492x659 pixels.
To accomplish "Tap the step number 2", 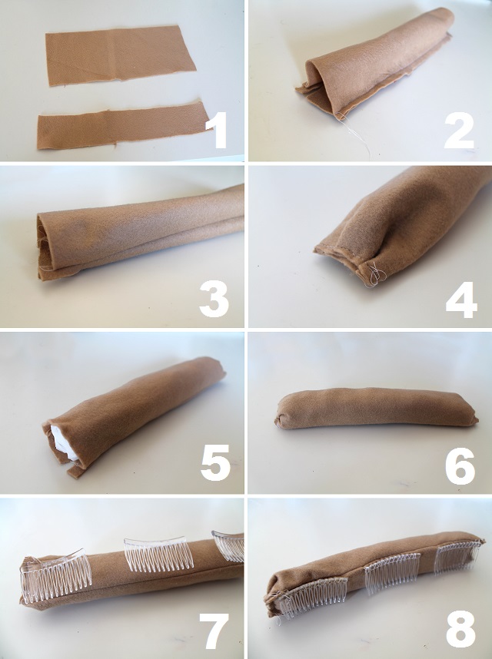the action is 459,131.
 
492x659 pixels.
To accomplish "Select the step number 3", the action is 214,299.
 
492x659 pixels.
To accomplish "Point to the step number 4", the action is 461,300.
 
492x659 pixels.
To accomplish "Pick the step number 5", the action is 215,462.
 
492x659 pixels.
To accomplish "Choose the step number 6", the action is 460,465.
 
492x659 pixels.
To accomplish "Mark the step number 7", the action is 214,631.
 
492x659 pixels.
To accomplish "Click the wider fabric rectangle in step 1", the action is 120,55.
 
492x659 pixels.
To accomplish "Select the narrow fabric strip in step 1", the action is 123,126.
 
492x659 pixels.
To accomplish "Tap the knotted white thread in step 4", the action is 374,274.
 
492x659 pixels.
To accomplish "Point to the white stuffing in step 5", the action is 63,442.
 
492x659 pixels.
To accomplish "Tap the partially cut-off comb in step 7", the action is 229,545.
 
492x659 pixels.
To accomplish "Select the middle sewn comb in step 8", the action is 392,573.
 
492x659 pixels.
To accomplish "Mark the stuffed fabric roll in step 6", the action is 377,408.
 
